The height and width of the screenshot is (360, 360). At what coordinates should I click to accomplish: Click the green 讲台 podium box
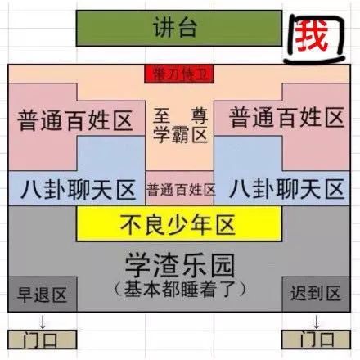pyautogui.click(x=179, y=29)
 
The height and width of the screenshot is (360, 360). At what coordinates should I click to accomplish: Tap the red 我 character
pyautogui.click(x=311, y=36)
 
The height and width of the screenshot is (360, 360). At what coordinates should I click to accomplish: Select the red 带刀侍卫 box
pyautogui.click(x=179, y=74)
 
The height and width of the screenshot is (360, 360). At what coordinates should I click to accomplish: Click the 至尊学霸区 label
pyautogui.click(x=180, y=125)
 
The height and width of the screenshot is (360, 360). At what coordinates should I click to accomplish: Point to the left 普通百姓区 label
pyautogui.click(x=75, y=120)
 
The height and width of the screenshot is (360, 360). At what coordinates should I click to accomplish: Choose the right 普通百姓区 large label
pyautogui.click(x=286, y=118)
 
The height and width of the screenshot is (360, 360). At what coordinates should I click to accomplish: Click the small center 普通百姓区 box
pyautogui.click(x=179, y=188)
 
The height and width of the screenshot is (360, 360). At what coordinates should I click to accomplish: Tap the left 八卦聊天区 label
pyautogui.click(x=78, y=190)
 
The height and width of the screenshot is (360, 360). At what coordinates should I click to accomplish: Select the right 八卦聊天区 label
pyautogui.click(x=286, y=189)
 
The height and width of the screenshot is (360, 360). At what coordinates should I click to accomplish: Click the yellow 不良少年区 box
pyautogui.click(x=179, y=223)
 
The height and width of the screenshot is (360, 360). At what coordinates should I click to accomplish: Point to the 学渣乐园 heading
pyautogui.click(x=180, y=265)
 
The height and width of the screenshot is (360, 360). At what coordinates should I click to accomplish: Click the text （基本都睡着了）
pyautogui.click(x=180, y=289)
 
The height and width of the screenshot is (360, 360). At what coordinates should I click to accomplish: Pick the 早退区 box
pyautogui.click(x=43, y=295)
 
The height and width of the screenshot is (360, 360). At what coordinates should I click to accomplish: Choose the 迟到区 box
pyautogui.click(x=316, y=295)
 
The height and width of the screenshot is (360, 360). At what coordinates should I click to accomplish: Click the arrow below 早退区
pyautogui.click(x=43, y=322)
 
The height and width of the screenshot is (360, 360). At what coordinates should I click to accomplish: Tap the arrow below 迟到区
pyautogui.click(x=316, y=322)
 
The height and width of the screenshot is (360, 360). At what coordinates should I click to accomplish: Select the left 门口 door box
pyautogui.click(x=42, y=340)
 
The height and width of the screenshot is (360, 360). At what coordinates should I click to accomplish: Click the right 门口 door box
pyautogui.click(x=316, y=340)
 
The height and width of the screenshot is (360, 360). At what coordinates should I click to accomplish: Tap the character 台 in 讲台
pyautogui.click(x=187, y=27)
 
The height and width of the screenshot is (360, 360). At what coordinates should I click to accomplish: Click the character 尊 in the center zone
pyautogui.click(x=200, y=116)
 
